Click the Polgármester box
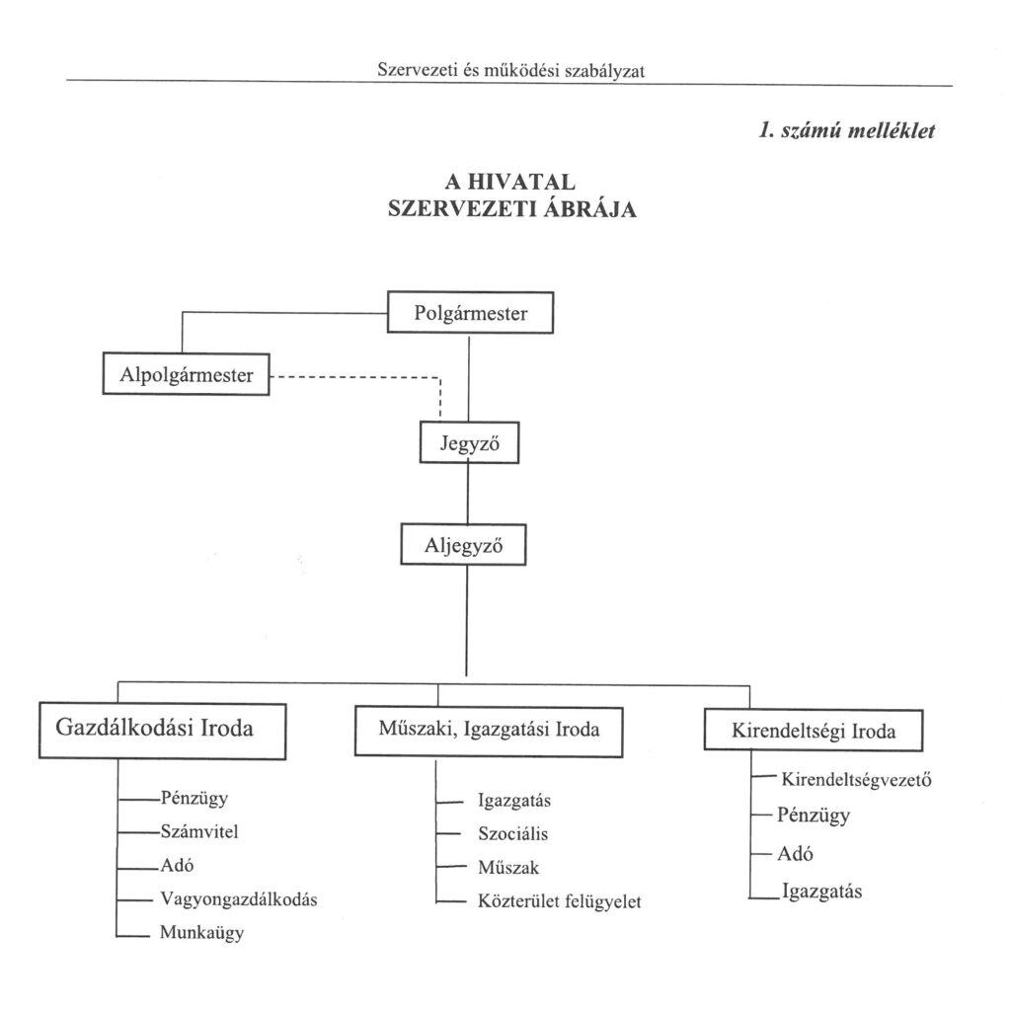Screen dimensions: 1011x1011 (x=470, y=314)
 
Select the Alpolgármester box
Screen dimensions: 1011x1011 (x=186, y=375)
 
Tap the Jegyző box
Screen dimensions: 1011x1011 (x=469, y=443)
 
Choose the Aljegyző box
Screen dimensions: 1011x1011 (x=463, y=544)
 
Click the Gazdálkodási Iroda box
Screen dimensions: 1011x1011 (x=162, y=731)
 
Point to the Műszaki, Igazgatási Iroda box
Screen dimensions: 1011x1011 (x=489, y=731)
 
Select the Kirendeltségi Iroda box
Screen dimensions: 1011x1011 (x=813, y=732)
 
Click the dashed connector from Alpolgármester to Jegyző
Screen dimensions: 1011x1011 (x=355, y=376)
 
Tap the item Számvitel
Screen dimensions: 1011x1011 (x=198, y=831)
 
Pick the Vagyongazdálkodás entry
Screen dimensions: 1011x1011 (x=238, y=898)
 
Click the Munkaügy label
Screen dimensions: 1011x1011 (x=201, y=932)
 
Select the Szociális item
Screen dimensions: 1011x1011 (x=512, y=834)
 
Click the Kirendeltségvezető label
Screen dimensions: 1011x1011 (x=857, y=780)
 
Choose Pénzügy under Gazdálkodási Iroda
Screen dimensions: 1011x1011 (x=194, y=799)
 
